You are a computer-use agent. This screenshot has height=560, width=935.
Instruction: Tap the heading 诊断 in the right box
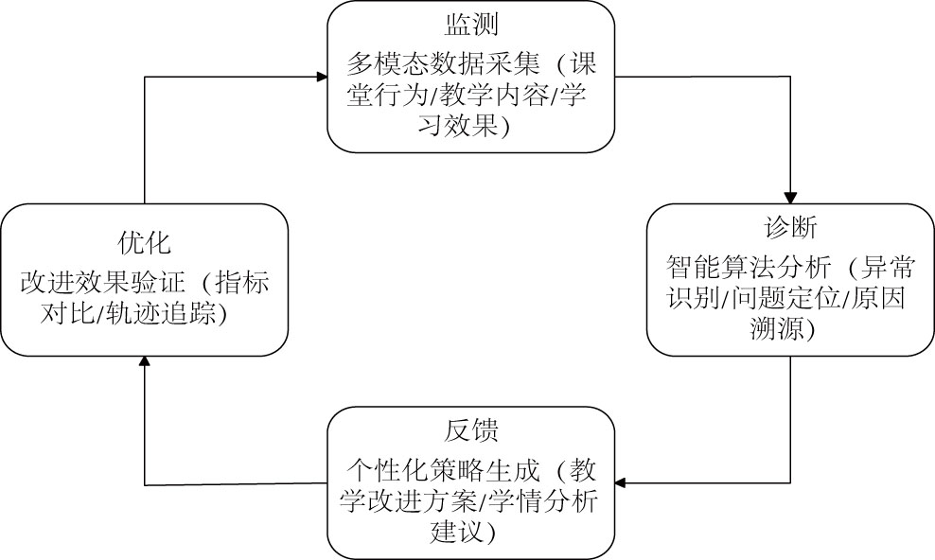(x=790, y=229)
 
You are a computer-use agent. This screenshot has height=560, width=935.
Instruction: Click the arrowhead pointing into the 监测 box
(x=321, y=77)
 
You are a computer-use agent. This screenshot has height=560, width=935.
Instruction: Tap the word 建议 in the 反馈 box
(x=451, y=534)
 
